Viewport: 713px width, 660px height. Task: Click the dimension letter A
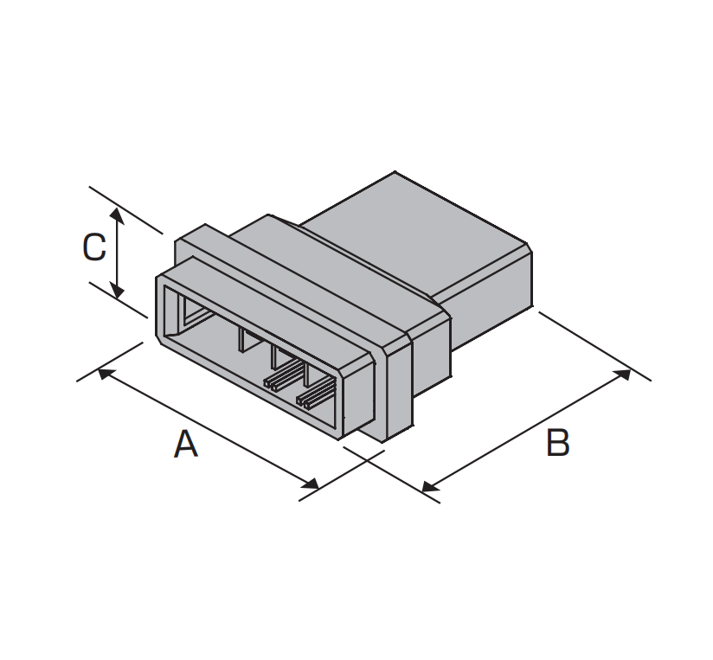186,444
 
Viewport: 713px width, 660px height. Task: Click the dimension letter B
557,443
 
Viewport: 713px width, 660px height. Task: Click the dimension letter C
94,247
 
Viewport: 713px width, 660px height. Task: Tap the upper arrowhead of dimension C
118,216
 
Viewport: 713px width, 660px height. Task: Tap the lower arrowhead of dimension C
118,291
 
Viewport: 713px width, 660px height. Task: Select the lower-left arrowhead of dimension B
430,486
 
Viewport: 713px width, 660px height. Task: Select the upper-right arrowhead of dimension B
622,375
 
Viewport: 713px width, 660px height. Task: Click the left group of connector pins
284,375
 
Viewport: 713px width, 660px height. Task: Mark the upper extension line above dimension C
125,209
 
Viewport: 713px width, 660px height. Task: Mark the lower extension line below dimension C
119,300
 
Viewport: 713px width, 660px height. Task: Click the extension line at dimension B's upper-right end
594,345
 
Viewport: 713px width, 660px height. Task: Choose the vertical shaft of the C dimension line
118,253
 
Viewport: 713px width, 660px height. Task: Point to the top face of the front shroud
268,314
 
